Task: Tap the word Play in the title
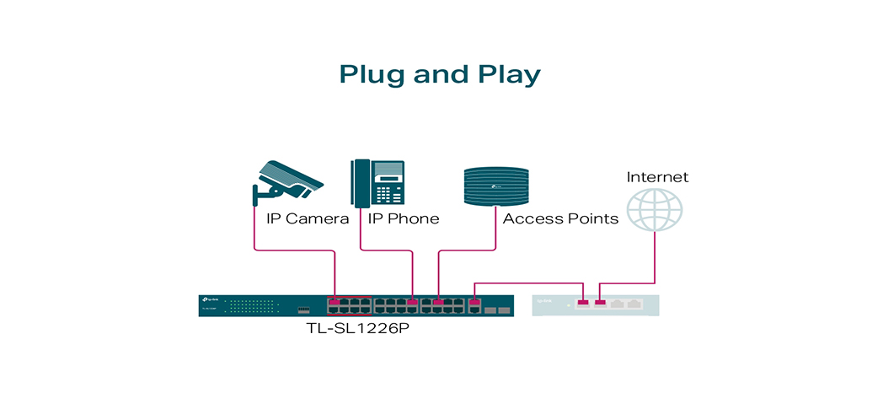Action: pos(508,74)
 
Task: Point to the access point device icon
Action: pos(498,186)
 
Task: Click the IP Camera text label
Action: pos(308,219)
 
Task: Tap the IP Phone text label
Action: pos(404,219)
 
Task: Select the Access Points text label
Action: pos(560,219)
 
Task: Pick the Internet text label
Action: pos(657,177)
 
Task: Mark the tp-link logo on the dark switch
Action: pos(211,300)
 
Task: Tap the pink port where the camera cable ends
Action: pos(334,301)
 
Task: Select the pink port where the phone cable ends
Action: pos(413,301)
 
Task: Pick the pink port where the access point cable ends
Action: pos(438,301)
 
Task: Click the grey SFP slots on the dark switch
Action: pos(496,310)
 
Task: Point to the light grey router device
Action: pos(595,305)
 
